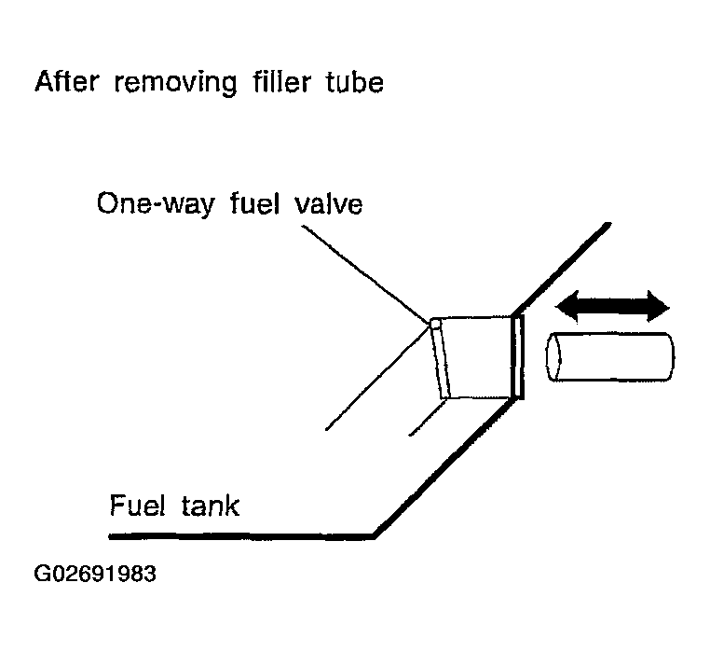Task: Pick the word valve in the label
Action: pos(325,203)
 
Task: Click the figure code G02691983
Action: pos(95,573)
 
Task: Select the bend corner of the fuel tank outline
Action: pos(375,535)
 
